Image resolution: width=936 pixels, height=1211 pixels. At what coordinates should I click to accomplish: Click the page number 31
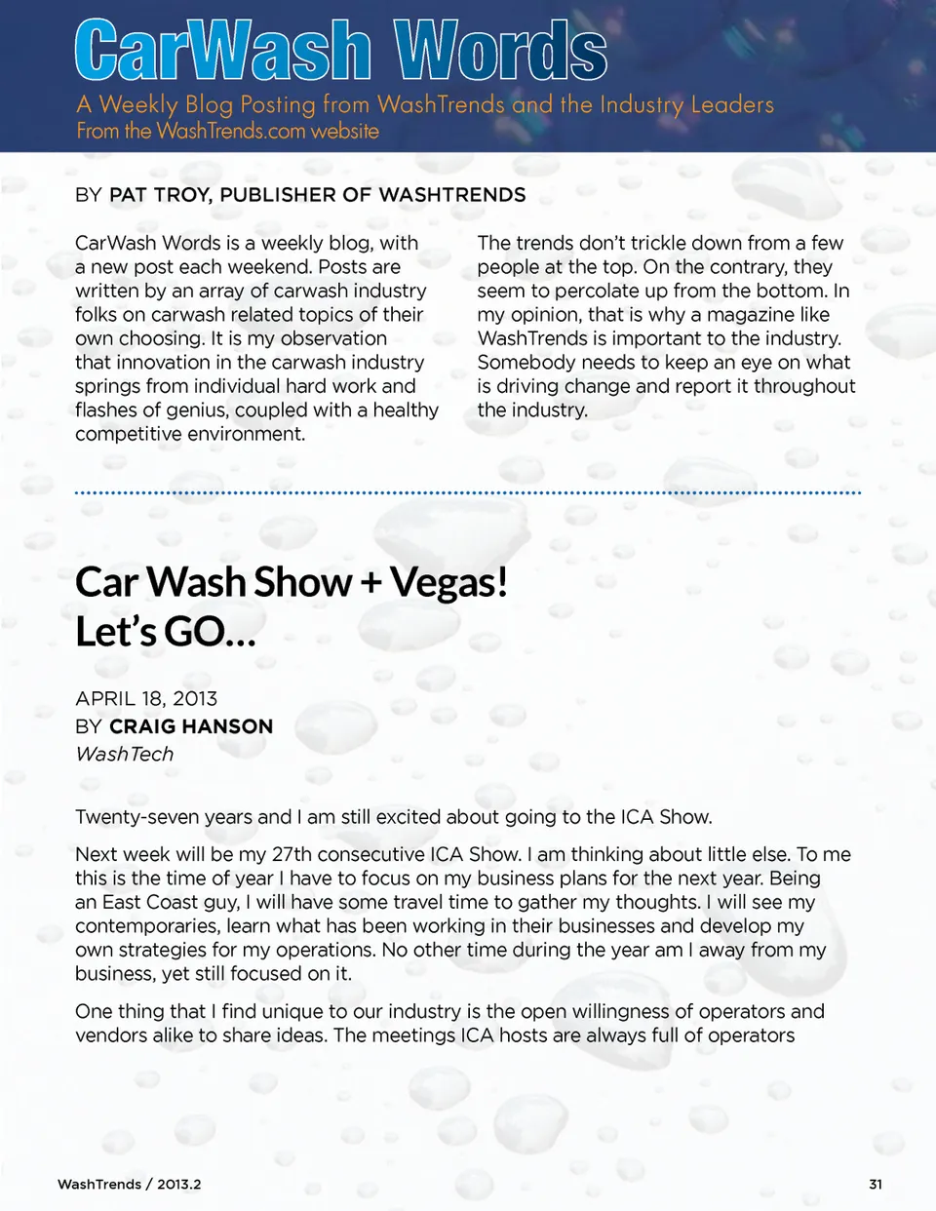tap(875, 1184)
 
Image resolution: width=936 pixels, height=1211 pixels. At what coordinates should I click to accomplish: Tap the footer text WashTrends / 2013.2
tap(129, 1184)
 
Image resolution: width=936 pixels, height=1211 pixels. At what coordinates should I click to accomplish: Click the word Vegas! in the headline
tap(448, 582)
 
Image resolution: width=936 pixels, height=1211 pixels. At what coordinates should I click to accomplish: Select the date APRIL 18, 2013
tap(146, 698)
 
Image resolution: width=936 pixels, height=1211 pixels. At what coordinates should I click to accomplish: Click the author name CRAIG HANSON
tap(191, 726)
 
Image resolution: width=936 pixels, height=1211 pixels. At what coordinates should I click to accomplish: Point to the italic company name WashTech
tap(124, 754)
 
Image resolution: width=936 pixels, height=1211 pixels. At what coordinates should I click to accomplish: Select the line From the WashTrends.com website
tap(228, 131)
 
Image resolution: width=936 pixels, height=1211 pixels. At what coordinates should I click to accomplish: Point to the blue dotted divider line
tap(468, 493)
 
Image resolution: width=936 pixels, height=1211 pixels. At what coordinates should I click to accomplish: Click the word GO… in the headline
tap(209, 632)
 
